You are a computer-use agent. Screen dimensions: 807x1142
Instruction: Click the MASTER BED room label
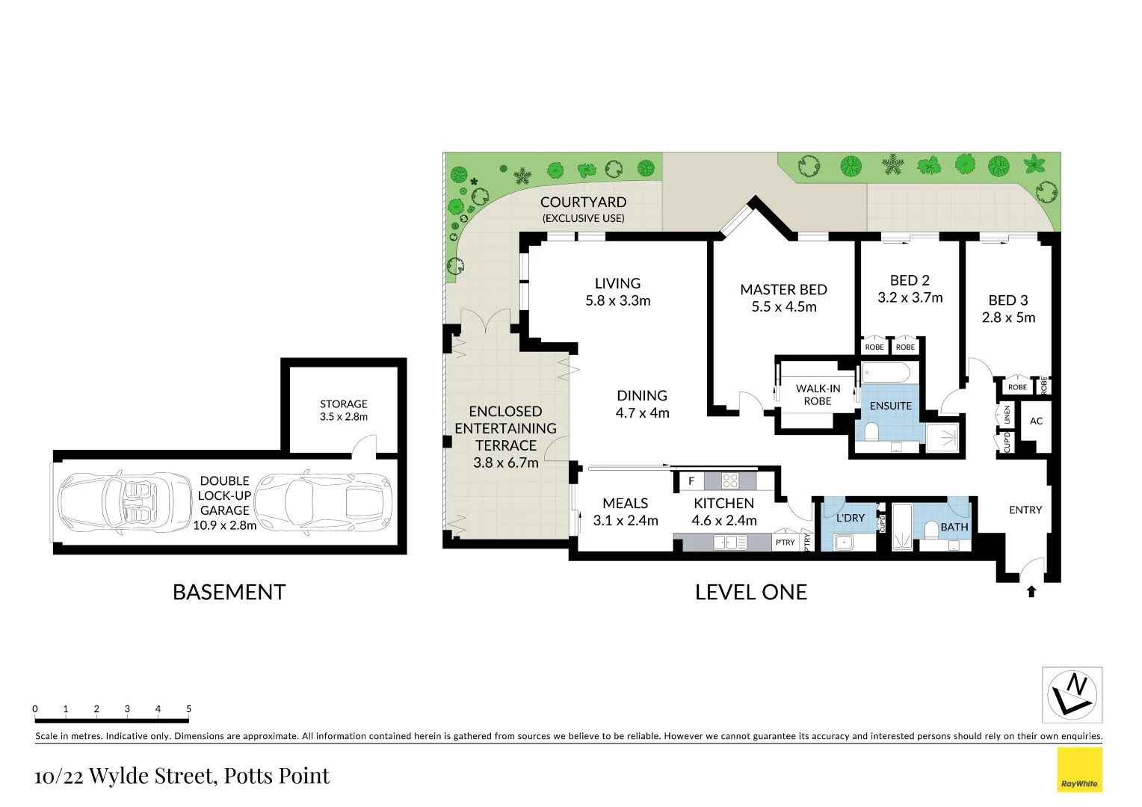coord(783,290)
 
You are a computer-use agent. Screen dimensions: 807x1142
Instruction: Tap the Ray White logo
coord(1079,770)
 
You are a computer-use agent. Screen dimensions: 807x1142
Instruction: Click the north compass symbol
coord(1072,695)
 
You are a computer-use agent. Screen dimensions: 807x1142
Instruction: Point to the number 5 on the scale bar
coord(188,709)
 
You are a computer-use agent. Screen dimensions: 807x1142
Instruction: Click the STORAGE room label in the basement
coord(344,404)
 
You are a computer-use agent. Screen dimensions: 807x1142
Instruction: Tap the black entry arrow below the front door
coord(1031,591)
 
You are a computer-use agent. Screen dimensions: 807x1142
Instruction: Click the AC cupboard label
coord(1036,421)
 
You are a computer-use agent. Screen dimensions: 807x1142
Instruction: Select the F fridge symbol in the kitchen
coord(691,481)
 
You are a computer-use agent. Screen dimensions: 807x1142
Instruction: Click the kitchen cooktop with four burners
coord(729,481)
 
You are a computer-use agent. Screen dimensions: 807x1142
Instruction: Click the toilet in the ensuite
coord(871,432)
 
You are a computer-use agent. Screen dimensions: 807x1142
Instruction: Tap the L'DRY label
coord(850,518)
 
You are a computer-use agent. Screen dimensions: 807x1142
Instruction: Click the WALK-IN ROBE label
coord(818,395)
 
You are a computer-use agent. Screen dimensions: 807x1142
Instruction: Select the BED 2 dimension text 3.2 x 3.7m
coord(910,297)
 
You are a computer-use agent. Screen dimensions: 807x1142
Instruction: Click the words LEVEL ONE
coord(750,593)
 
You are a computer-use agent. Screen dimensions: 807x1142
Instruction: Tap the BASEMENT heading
coord(229,593)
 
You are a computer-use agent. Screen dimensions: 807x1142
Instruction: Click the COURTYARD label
coord(583,202)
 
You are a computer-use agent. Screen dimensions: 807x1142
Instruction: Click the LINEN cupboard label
coord(1007,415)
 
